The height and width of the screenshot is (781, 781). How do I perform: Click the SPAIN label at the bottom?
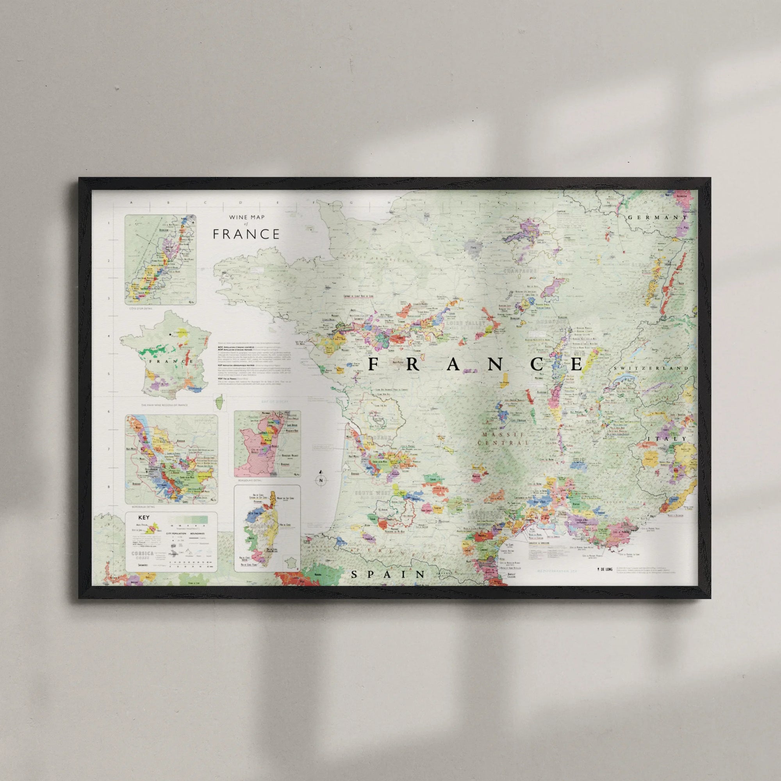coord(388,574)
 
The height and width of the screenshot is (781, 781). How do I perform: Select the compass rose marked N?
coord(321,480)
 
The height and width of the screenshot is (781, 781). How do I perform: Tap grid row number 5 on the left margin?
coord(108,374)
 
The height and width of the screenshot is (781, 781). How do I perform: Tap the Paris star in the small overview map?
coord(170,334)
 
